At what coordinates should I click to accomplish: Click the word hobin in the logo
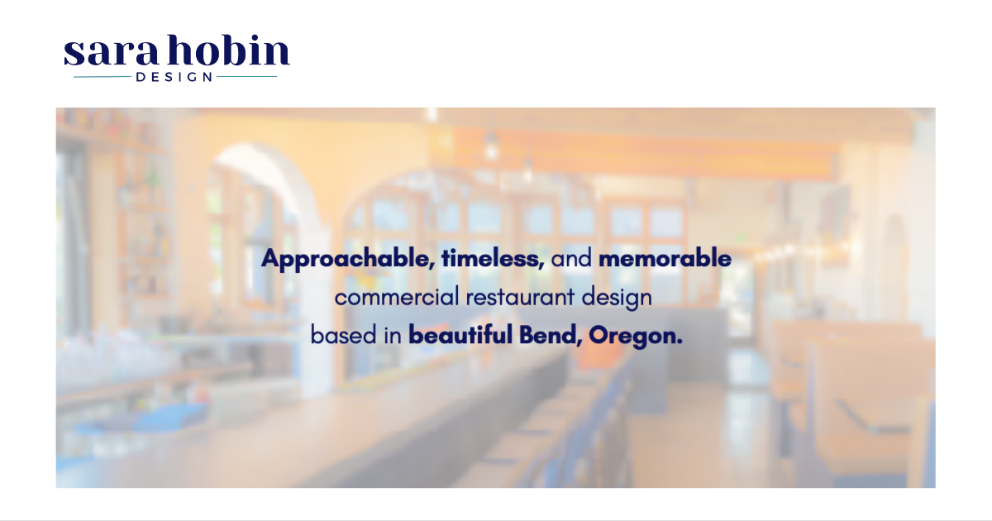[x=228, y=50]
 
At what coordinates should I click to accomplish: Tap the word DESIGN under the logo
[x=174, y=77]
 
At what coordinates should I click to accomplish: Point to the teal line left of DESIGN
[x=103, y=77]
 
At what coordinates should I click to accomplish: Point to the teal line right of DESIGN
[x=246, y=77]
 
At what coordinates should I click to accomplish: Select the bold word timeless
[x=493, y=258]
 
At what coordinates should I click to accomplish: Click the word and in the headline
[x=571, y=258]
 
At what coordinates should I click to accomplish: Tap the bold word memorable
[x=665, y=258]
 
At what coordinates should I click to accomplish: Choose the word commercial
[x=397, y=297]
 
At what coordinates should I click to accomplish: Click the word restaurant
[x=520, y=297]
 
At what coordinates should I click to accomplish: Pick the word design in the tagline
[x=617, y=298]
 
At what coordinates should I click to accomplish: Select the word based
[x=344, y=335]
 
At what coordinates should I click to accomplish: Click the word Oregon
[x=636, y=337]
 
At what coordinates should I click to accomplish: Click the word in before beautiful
[x=393, y=334]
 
